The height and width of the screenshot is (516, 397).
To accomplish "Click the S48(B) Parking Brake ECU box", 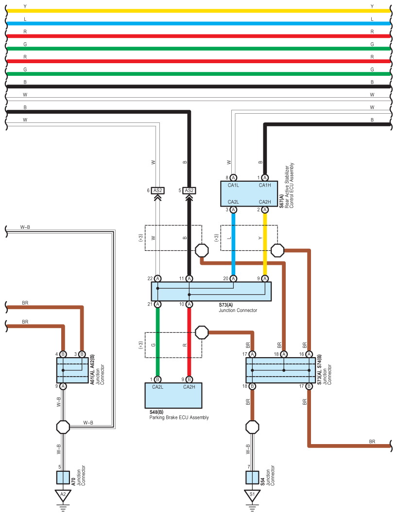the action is tap(173, 395).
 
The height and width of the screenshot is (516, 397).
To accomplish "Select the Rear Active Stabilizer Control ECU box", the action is tap(249, 193).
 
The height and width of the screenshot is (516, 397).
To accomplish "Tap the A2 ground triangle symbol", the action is tap(63, 495).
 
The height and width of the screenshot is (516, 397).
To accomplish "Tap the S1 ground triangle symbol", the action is tap(252, 495).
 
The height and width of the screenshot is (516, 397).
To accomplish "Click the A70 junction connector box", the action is tap(63, 478).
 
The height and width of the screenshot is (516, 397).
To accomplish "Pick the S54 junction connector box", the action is tap(252, 478).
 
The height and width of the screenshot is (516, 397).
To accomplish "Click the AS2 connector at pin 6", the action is tap(157, 190).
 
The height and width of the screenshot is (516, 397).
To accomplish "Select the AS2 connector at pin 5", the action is tap(190, 190).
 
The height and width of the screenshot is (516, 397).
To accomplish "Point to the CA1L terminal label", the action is tap(233, 185).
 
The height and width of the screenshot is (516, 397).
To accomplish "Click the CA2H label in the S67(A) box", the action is tap(265, 202).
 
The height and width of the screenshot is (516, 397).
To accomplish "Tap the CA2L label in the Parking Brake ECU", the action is tap(157, 387).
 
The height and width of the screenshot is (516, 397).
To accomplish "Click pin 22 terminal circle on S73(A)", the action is tap(157, 279).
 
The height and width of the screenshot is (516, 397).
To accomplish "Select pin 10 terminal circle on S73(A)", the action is tap(190, 304).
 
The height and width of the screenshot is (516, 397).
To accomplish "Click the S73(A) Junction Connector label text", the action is tap(238, 308).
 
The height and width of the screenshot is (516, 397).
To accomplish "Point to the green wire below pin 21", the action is tap(157, 342).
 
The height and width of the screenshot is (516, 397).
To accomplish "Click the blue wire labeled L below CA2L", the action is tap(233, 244).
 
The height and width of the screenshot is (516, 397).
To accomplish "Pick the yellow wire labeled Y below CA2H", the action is tap(265, 244).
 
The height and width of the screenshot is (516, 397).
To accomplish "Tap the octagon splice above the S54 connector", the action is tap(252, 427).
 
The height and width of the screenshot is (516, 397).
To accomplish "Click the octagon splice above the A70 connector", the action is tap(63, 427).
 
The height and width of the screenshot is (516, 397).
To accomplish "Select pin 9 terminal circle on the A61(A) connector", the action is tap(63, 386).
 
